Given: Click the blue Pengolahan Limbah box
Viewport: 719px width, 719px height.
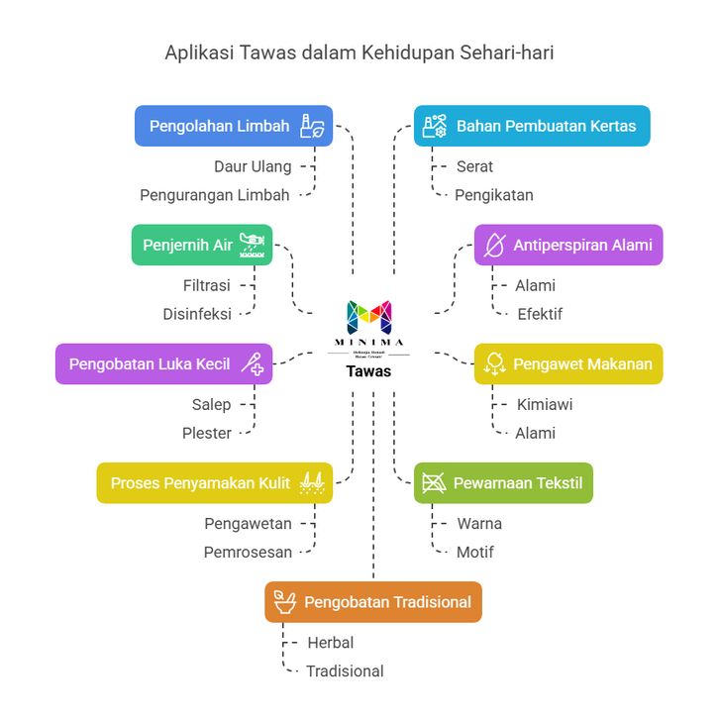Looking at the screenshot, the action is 234,126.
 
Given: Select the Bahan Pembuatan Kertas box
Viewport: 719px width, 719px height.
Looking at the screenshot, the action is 532,126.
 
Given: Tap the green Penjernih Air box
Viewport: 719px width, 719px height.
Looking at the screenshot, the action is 202,245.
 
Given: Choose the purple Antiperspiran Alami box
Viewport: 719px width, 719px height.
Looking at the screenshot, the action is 568,245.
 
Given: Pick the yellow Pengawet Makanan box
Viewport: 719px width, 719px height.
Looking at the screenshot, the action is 568,363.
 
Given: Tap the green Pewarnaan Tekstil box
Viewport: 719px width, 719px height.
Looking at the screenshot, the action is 503,483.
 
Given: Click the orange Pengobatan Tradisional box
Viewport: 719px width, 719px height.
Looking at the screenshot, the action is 373,602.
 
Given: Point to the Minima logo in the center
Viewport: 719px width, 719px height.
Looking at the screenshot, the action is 368,318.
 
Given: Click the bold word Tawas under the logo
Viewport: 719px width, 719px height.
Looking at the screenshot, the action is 368,371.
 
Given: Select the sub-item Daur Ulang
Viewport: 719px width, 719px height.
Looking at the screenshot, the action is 253,166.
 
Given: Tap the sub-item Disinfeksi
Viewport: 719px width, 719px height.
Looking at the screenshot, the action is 197,314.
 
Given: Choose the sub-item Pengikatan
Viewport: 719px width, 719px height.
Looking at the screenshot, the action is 493,195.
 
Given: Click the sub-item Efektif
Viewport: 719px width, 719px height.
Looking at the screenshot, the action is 540,314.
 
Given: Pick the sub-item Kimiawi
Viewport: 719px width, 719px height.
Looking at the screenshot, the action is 544,404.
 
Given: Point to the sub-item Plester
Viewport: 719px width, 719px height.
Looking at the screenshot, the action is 207,433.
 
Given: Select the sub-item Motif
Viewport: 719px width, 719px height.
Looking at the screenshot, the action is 474,552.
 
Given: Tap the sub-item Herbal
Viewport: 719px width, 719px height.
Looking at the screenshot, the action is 330,642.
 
